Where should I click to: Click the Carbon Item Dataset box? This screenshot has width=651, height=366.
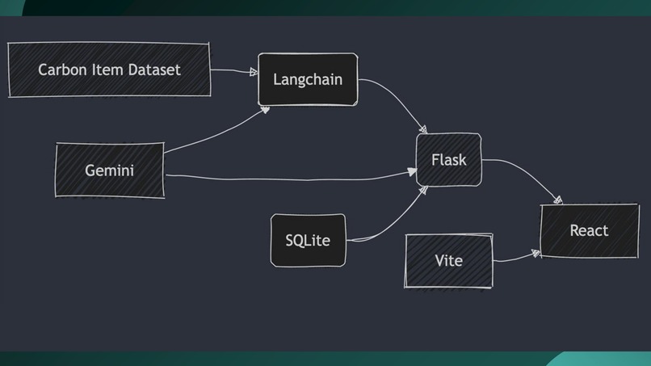(x=109, y=70)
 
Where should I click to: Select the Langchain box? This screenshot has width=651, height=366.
(x=307, y=80)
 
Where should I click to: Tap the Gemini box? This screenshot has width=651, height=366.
(x=109, y=170)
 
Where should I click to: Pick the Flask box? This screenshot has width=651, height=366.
(x=448, y=160)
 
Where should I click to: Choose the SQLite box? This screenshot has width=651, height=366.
(x=308, y=240)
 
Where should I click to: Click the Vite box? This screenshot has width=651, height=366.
(x=448, y=261)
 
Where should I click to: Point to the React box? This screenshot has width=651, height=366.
(x=589, y=230)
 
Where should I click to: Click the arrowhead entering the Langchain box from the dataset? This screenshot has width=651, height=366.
(x=254, y=72)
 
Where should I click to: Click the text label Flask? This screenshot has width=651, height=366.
(x=448, y=160)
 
